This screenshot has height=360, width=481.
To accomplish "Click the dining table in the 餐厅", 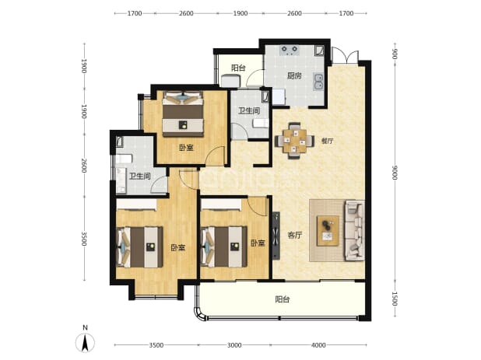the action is [294, 141].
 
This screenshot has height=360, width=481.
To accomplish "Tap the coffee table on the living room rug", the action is [328, 231].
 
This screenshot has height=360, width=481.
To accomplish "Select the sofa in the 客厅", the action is [355, 230].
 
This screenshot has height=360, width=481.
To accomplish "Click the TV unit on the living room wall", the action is [276, 236].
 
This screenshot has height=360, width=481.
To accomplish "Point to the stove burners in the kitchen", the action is [290, 50].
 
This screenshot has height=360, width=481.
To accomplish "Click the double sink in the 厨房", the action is [318, 82].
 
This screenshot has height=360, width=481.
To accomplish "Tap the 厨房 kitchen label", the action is [294, 75].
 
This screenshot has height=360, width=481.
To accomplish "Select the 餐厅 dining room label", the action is [328, 141].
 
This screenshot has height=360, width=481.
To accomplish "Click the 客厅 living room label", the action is [295, 236].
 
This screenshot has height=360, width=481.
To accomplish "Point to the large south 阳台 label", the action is [283, 299].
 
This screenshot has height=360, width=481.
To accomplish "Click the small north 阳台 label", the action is [238, 68].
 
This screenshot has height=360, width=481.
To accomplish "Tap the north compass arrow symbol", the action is [86, 342].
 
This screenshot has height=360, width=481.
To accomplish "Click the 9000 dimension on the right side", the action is [395, 173].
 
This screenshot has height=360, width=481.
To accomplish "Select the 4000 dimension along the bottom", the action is [318, 345].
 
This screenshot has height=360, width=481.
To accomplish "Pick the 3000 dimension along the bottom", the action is [234, 345].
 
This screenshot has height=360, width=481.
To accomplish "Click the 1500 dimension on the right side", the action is [395, 299].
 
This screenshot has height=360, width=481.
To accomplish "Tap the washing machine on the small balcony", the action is [230, 81].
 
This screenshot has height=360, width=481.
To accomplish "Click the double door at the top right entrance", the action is [346, 56].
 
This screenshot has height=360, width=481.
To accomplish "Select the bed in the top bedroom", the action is [183, 114].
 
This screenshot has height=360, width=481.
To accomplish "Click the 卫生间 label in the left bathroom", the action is [140, 177].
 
